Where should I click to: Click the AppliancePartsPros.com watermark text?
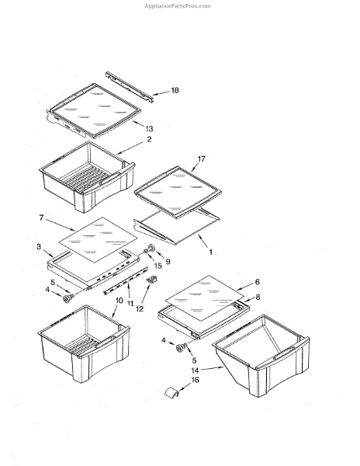pos(178,6)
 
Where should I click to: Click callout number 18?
pos(175,90)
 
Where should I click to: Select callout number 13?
pos(149,129)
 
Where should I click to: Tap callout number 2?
pos(149,139)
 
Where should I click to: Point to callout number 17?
pos(201,159)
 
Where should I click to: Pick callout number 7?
pos(41,217)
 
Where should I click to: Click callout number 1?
pos(211,252)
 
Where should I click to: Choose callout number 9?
pos(168,262)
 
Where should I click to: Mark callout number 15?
pos(158,266)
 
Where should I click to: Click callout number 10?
pos(119,301)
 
